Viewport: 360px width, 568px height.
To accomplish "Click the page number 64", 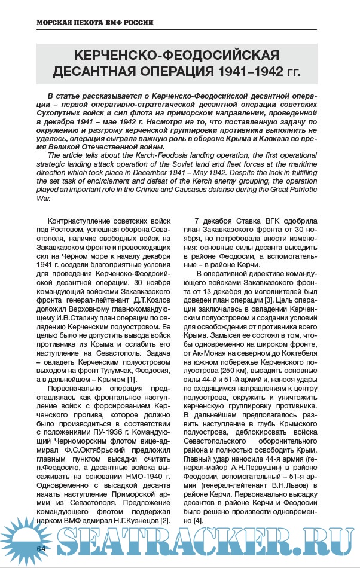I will pyautogui.click(x=41, y=548).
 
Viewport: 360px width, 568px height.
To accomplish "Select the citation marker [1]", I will pyautogui.click(x=132, y=379).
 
